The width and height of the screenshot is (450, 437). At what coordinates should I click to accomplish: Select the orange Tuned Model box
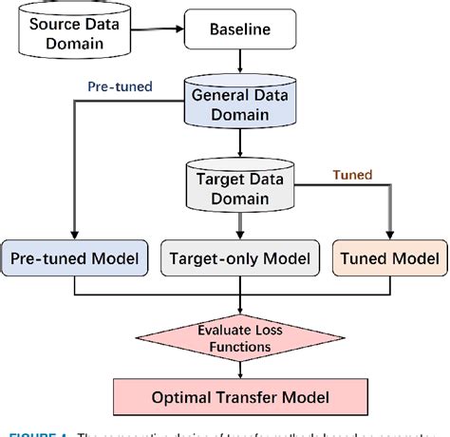point(389,258)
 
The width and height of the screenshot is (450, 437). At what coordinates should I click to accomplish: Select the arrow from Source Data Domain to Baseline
point(157,30)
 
